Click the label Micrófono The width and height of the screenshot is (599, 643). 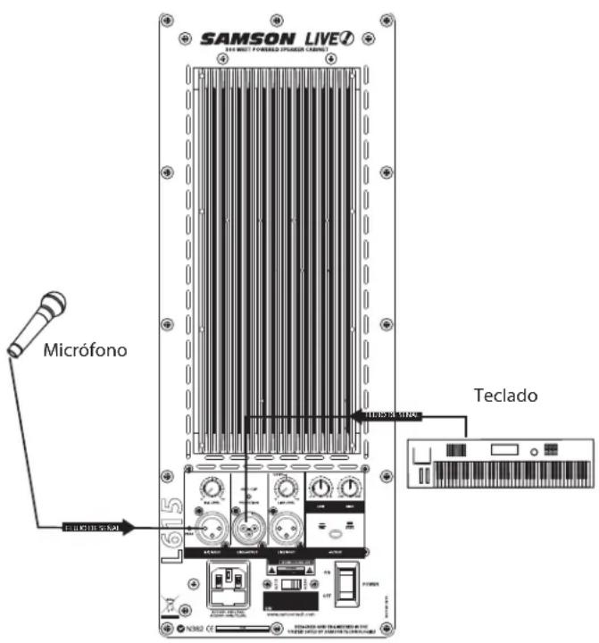[x=86, y=350]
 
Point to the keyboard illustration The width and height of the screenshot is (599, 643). [x=501, y=463]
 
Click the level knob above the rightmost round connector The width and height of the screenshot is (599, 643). [x=286, y=487]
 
